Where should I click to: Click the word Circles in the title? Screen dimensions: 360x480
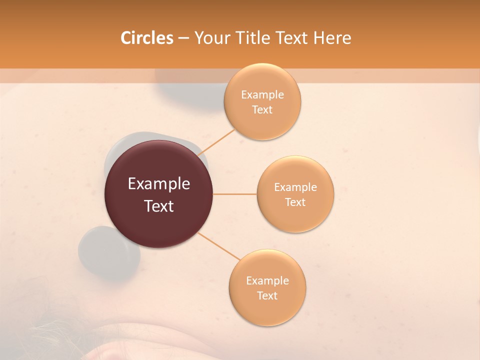pos(146,38)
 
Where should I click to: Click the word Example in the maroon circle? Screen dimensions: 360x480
pos(158,184)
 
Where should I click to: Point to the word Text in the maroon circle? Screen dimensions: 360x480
pos(158,205)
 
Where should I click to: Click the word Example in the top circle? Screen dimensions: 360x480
pos(262,95)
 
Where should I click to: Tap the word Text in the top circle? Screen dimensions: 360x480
pos(262,109)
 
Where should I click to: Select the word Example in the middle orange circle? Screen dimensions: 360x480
pos(295,187)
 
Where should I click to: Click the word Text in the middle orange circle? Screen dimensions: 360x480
pos(295,202)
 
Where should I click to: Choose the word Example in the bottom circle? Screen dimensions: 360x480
pos(267,281)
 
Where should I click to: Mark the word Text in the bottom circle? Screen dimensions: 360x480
pos(267,295)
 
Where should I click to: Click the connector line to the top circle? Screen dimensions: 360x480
pos(217,142)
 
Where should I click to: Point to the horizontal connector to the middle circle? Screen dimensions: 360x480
pos(234,194)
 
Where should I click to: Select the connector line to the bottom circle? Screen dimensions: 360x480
pos(219,246)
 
